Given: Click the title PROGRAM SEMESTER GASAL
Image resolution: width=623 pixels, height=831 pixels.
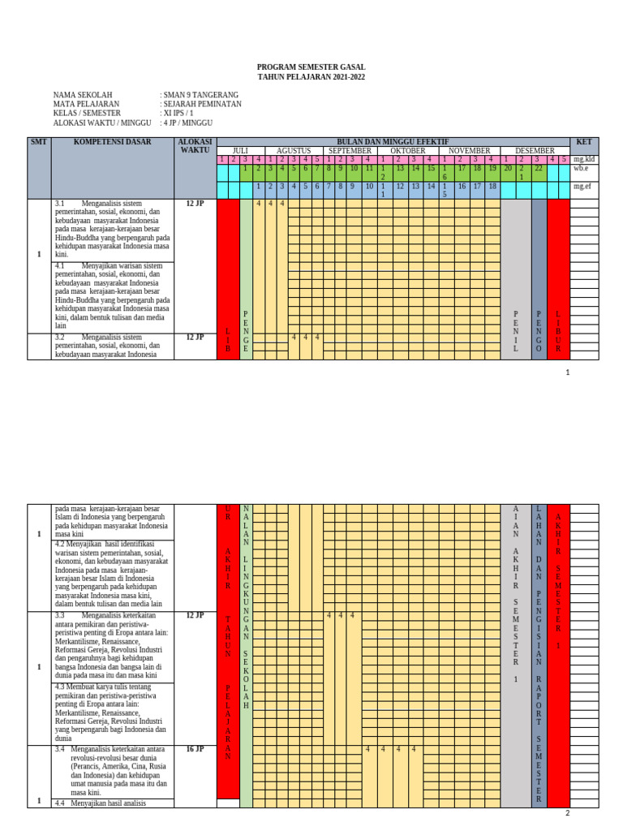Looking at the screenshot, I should [311, 67].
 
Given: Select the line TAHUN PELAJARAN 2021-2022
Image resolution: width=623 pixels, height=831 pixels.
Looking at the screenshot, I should [311, 76].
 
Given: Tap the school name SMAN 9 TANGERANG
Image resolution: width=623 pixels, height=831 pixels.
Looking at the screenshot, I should [200, 94].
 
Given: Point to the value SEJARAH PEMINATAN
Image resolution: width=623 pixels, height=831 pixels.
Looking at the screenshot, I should [200, 104].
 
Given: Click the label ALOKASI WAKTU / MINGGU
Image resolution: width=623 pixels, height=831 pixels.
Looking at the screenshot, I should [102, 123].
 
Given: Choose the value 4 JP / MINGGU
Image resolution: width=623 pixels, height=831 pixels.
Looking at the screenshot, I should [188, 123].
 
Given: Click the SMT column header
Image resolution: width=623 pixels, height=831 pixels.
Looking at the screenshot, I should [39, 142].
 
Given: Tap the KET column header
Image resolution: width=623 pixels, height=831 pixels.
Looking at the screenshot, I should [584, 142].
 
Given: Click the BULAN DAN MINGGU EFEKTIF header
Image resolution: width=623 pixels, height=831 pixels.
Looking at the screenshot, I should [393, 142].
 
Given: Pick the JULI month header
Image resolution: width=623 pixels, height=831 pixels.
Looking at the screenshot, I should [240, 151].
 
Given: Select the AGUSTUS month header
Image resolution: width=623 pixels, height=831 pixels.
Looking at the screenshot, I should [293, 151].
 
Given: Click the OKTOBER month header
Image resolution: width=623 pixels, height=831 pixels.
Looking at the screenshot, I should [407, 151].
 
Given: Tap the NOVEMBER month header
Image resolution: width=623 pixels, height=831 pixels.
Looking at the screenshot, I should [470, 151].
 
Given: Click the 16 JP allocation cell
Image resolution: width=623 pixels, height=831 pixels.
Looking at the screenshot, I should [195, 750].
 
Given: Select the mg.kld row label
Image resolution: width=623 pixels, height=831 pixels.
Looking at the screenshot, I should [583, 160].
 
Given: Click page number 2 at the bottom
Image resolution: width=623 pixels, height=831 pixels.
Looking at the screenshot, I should [568, 814].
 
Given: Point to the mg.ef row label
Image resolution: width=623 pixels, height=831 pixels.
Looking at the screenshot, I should [581, 187].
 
